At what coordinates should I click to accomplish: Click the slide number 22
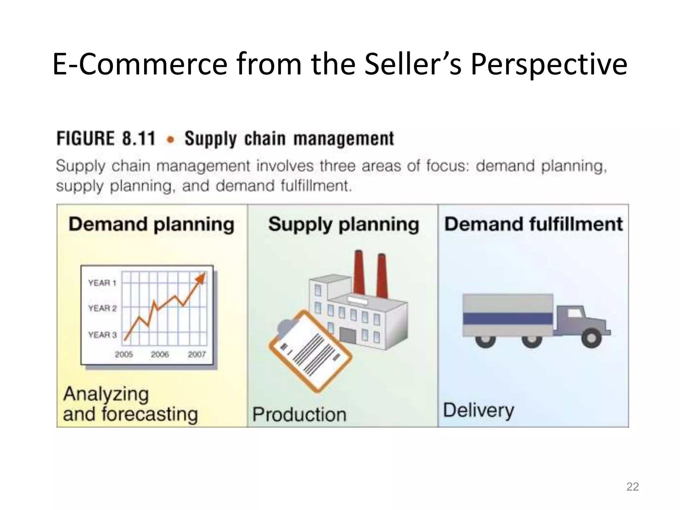pyautogui.click(x=632, y=486)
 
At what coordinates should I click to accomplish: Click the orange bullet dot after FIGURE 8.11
pyautogui.click(x=171, y=140)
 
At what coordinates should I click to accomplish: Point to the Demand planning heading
pyautogui.click(x=151, y=225)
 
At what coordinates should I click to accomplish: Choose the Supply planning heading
pyautogui.click(x=343, y=225)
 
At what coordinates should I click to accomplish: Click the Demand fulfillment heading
pyautogui.click(x=533, y=224)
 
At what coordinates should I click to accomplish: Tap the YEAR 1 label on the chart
pyautogui.click(x=102, y=283)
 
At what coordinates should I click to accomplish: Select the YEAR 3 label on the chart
pyautogui.click(x=102, y=335)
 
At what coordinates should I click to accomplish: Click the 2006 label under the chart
pyautogui.click(x=160, y=355)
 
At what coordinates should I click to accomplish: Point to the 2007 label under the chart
pyautogui.click(x=197, y=355)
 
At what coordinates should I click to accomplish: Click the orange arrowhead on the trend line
pyautogui.click(x=201, y=278)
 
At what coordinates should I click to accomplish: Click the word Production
pyautogui.click(x=299, y=415)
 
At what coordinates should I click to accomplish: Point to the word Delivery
pyautogui.click(x=478, y=411)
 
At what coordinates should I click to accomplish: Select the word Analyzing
pyautogui.click(x=106, y=394)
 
